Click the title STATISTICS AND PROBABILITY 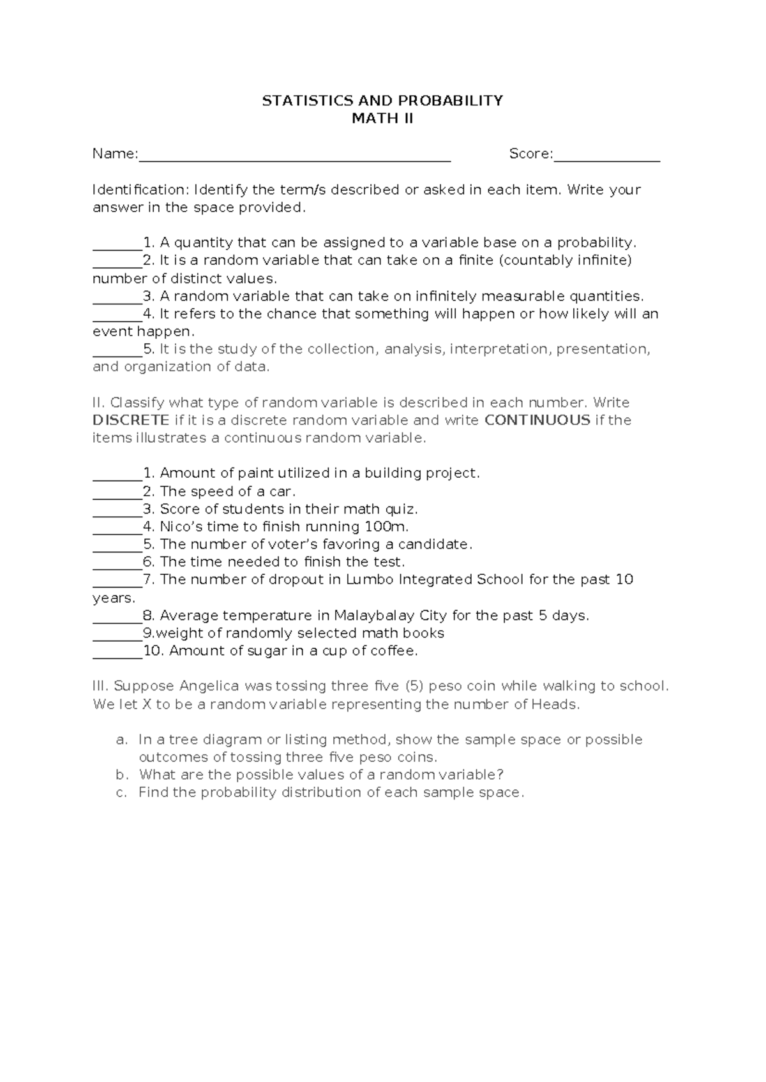click(382, 101)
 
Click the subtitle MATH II click(382, 119)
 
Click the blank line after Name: click(294, 156)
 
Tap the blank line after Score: click(606, 156)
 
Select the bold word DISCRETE click(131, 420)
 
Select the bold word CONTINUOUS click(537, 420)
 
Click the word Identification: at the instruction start click(140, 190)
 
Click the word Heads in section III click(558, 705)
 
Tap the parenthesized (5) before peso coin click(414, 686)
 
